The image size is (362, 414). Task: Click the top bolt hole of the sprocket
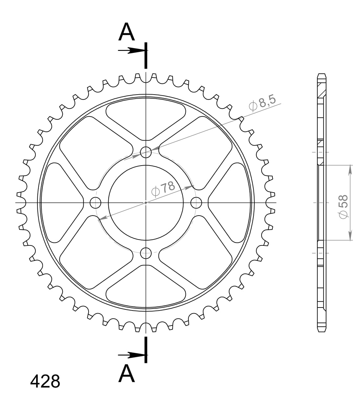pyautogui.click(x=146, y=152)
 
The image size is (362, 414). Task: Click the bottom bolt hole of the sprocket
pyautogui.click(x=146, y=253)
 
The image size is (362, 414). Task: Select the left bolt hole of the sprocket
pyautogui.click(x=96, y=202)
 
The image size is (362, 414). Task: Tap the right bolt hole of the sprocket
pyautogui.click(x=196, y=202)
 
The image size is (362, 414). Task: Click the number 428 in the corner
pyautogui.click(x=45, y=381)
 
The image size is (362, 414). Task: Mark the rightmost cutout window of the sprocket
pyautogui.click(x=230, y=202)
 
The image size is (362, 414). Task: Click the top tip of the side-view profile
pyautogui.click(x=322, y=74)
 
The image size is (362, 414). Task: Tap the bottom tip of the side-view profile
pyautogui.click(x=322, y=331)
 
